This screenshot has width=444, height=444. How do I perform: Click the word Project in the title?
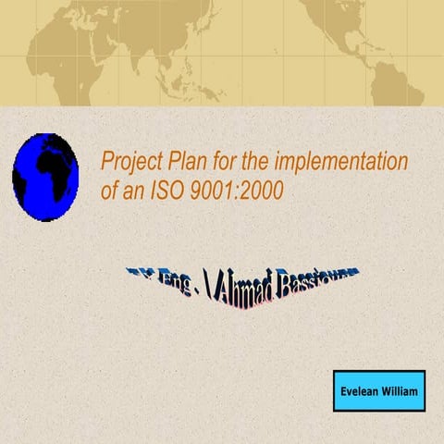132,163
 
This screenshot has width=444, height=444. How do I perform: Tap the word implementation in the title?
345,163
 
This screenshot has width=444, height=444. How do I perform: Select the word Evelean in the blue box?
360,392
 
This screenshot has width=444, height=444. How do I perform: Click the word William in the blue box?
401,392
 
